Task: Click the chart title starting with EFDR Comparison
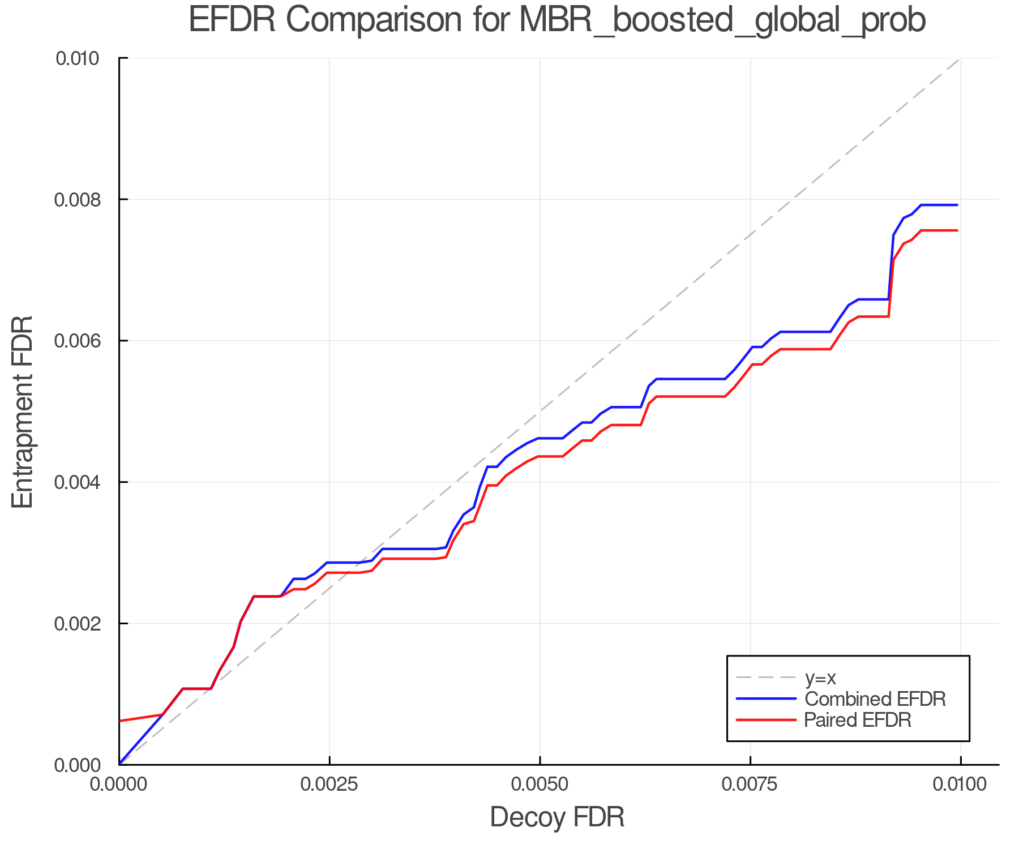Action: pos(556,20)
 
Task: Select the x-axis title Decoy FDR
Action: pos(556,817)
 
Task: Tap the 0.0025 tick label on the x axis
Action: pos(329,784)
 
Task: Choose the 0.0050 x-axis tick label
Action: pos(540,784)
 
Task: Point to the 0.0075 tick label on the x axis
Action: pos(750,784)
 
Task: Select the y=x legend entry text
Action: pos(820,678)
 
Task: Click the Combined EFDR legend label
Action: pos(875,699)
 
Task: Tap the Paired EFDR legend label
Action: pos(858,720)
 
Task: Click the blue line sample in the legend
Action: pos(766,699)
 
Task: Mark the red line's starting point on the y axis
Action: pos(120,721)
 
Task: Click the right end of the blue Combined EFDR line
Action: pos(957,205)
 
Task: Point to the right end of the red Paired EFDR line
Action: pos(957,230)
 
